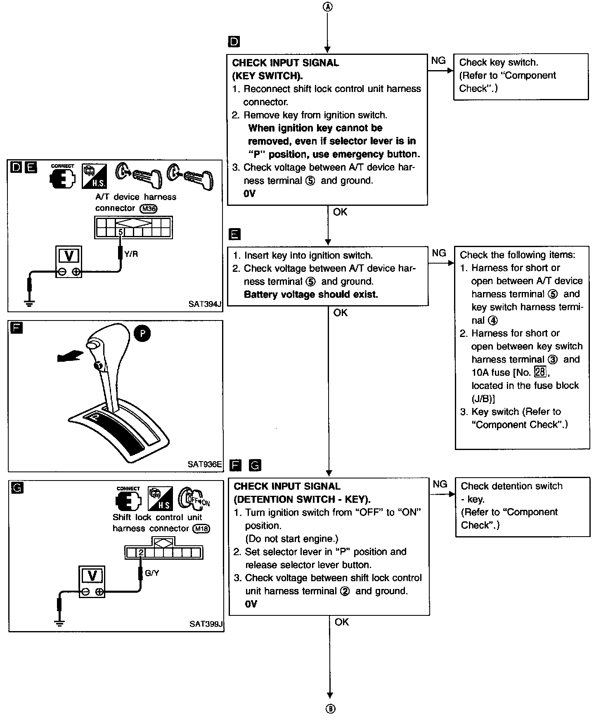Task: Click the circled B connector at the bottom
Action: pyautogui.click(x=330, y=709)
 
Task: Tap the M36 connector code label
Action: pyautogui.click(x=149, y=209)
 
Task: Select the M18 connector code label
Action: pyautogui.click(x=202, y=529)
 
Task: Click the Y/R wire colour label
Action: pyautogui.click(x=131, y=254)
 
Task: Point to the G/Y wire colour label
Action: pyautogui.click(x=152, y=573)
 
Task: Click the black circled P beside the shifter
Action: pyautogui.click(x=142, y=333)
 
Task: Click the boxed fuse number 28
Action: pyautogui.click(x=540, y=372)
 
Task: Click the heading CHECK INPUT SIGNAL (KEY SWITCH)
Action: pyautogui.click(x=286, y=69)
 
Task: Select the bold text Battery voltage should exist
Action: pyautogui.click(x=311, y=295)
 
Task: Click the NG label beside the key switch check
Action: pyautogui.click(x=438, y=61)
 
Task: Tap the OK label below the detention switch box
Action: pyautogui.click(x=342, y=622)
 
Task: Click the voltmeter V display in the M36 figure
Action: pyautogui.click(x=69, y=256)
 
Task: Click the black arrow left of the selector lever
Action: pyautogui.click(x=70, y=356)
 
